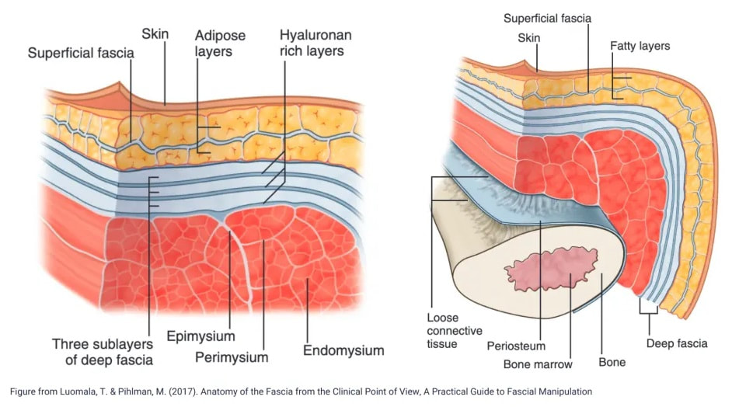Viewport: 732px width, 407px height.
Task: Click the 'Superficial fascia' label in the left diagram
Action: click(x=81, y=54)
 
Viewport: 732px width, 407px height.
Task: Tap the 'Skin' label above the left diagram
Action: click(x=155, y=34)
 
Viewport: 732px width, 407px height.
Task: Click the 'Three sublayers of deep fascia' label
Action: click(x=103, y=351)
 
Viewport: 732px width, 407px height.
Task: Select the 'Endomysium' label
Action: click(x=343, y=350)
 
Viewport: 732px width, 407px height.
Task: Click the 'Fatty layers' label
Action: click(x=640, y=46)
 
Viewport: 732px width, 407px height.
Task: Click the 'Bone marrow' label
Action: click(x=538, y=364)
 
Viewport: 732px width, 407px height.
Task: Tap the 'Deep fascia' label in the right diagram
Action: click(x=677, y=343)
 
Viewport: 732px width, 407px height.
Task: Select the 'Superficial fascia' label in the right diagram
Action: click(x=547, y=18)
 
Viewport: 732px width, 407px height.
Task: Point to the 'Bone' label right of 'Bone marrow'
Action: click(x=612, y=362)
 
